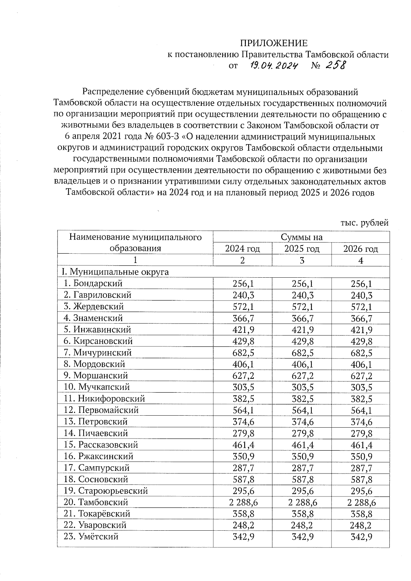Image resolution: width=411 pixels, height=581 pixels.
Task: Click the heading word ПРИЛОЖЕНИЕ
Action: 274,43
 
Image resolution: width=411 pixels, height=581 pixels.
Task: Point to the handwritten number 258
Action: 336,65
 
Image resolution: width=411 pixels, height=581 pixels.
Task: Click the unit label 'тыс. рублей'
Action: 364,223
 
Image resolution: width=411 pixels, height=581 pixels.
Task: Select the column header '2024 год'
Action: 242,249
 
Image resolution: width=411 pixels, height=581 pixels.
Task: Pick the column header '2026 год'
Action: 360,249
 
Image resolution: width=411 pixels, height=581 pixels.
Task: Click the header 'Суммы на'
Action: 301,237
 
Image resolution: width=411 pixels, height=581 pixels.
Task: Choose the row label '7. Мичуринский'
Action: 98,352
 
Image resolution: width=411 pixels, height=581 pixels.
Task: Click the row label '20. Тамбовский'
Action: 96,502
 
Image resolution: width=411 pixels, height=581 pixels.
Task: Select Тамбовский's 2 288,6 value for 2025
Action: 302,502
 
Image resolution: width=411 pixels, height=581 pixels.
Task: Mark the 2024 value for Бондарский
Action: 242,283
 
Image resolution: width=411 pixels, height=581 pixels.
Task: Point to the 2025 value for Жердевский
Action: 302,306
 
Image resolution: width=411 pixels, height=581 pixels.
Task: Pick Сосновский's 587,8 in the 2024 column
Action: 243,479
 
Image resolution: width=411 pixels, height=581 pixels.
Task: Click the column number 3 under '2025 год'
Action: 302,261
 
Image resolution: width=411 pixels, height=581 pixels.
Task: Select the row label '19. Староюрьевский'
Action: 105,491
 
